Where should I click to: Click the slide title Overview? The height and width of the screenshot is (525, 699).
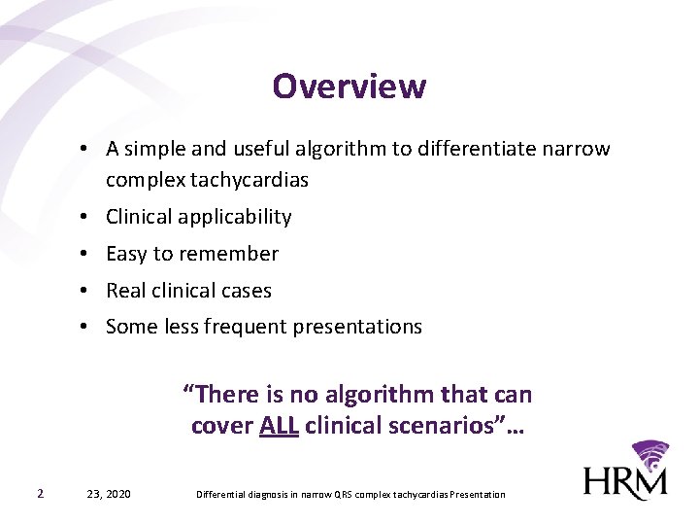(x=349, y=87)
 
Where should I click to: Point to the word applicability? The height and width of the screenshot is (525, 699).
(x=236, y=217)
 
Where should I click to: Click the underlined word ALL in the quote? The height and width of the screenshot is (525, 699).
(x=279, y=426)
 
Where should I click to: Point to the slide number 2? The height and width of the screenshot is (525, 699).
(x=39, y=494)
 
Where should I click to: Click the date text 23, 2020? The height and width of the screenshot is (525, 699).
(x=109, y=494)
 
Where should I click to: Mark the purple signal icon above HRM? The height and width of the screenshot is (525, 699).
(x=650, y=455)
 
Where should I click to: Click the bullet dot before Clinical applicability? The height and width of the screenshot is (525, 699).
(x=86, y=217)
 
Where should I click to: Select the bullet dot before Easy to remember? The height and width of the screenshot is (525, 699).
(x=86, y=254)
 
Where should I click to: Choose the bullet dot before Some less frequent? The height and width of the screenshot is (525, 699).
(x=86, y=327)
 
